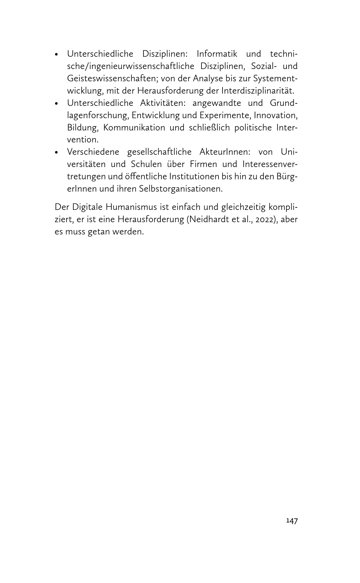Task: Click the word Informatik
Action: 217,54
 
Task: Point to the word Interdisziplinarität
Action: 257,91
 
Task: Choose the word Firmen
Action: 203,164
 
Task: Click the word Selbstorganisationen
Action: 181,189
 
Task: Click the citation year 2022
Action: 264,220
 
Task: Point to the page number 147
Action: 292,521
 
